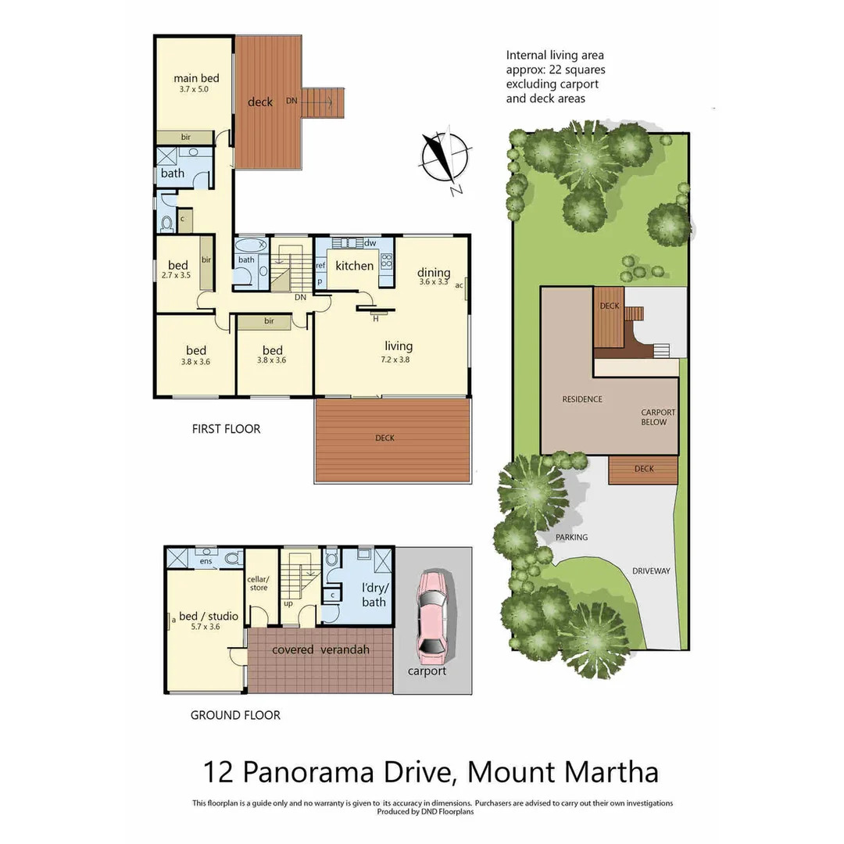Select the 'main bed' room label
coord(196,78)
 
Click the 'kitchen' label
coord(355,266)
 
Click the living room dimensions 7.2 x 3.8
coord(399,360)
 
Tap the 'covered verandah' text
coord(320,650)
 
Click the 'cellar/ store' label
coord(258,583)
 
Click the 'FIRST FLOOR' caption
coord(226,429)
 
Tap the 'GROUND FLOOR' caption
coord(235,715)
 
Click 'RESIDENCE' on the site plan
coord(582,399)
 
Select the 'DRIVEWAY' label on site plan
coord(651,571)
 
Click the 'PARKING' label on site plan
coord(571,538)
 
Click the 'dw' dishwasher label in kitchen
coord(370,243)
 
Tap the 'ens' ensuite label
coord(206,561)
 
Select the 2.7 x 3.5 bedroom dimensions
coord(176,276)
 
